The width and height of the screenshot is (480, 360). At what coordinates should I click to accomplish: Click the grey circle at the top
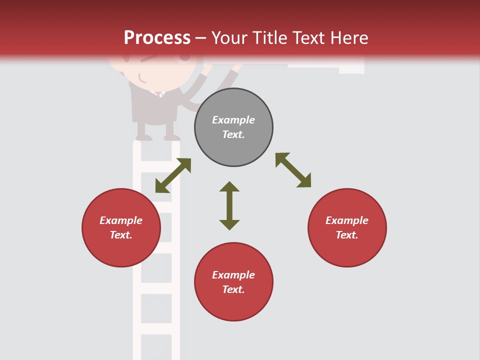point(233,127)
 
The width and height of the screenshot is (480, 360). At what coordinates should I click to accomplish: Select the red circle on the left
point(121,227)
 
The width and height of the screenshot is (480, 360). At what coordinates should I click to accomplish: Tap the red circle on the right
point(347,227)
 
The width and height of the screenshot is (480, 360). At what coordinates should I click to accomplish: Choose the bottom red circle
point(233,282)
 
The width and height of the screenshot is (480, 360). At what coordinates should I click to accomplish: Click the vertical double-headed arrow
point(229,205)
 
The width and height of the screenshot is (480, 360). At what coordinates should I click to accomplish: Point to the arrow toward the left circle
point(173,175)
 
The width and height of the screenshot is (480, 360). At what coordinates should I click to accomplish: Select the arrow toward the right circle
point(293,170)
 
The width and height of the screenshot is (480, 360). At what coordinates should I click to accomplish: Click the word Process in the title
point(157,37)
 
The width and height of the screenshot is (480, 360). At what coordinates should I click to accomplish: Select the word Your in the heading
point(229,37)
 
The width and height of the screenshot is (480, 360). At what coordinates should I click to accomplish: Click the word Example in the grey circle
point(233,120)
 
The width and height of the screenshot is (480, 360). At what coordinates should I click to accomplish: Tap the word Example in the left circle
point(121,220)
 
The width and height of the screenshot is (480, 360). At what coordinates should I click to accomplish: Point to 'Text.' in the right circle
point(347,235)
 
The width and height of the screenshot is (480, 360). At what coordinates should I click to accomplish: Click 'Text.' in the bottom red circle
point(233,289)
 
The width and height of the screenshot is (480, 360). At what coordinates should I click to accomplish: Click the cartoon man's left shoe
point(144,137)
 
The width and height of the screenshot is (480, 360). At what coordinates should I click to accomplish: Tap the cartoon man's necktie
point(159,94)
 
